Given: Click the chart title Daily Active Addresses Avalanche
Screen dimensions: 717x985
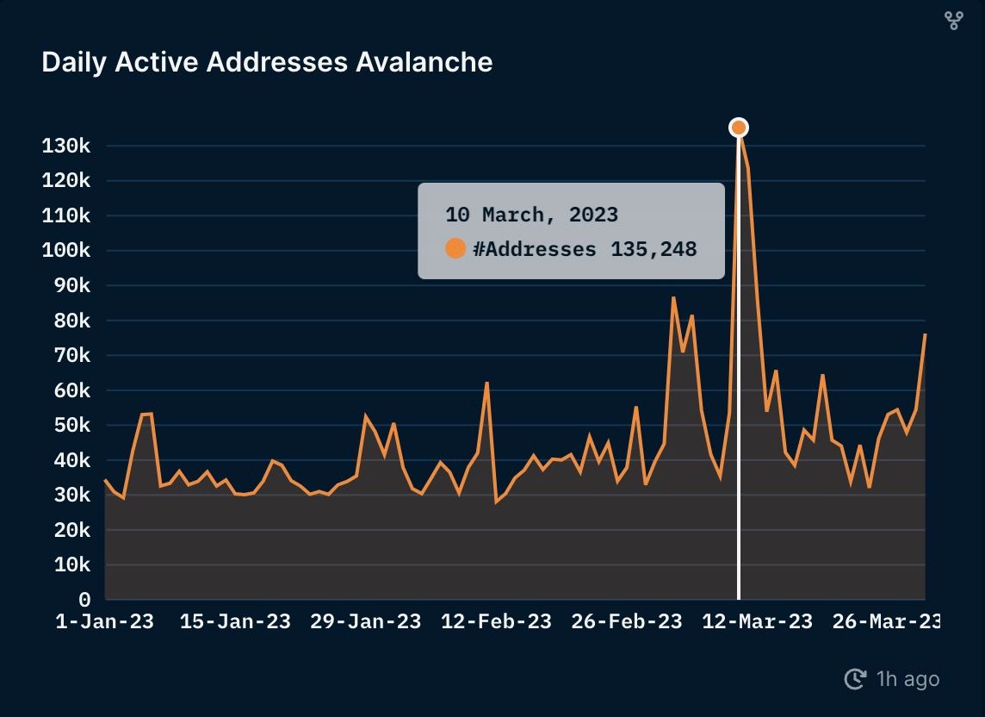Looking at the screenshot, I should [267, 63].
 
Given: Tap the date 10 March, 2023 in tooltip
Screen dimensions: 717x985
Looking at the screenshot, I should [531, 215].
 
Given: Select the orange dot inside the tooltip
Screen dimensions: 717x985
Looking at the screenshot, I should [455, 249].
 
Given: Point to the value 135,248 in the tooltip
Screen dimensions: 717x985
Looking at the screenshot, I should [654, 250].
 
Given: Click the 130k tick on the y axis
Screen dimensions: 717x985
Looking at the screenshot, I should [66, 146].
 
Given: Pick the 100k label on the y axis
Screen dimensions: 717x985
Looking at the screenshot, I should [66, 251].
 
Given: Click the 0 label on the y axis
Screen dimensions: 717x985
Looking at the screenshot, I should [84, 600].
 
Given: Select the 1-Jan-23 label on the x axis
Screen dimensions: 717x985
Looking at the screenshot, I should [104, 622].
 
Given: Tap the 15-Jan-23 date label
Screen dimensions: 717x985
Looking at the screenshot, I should [235, 622].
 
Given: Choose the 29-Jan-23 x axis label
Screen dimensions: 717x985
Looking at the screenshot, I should [366, 622].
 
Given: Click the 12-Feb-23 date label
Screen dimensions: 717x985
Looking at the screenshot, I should [496, 622].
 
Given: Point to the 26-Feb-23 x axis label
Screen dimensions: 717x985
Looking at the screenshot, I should [627, 622].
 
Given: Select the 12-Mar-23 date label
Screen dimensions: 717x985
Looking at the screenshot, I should [758, 622].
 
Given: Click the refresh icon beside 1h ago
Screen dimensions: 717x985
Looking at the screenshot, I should [855, 679].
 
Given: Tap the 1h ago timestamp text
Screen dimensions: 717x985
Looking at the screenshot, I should [908, 679].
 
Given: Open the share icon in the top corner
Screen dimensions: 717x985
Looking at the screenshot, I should [953, 21].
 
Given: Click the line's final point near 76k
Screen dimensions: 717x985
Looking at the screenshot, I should [925, 334].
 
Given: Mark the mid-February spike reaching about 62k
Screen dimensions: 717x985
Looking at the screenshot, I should [486, 383].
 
